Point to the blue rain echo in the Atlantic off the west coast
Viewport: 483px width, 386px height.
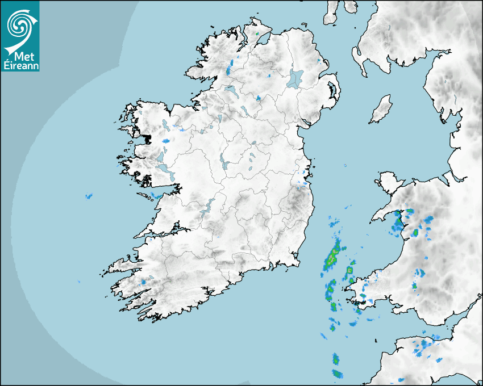[x=88, y=196]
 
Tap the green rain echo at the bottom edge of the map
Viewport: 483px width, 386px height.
[x=337, y=374]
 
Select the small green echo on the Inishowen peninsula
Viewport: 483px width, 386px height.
[x=257, y=34]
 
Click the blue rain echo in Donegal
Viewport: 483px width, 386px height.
[x=228, y=71]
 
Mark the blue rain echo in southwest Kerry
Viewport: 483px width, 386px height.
[x=143, y=282]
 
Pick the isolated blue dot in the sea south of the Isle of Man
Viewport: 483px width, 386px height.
[x=344, y=166]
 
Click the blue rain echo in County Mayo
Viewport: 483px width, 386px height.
[x=166, y=140]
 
